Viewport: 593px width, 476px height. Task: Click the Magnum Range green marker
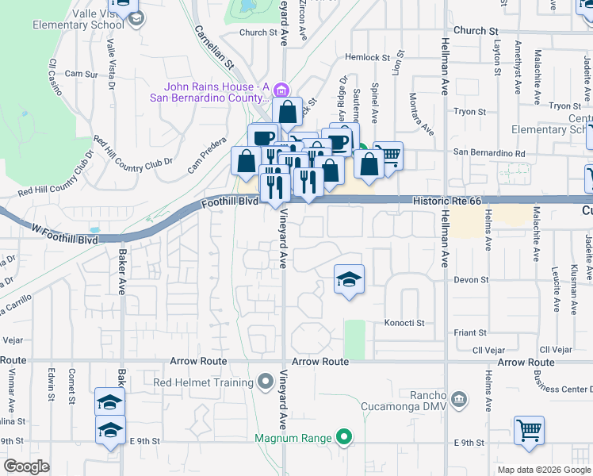pyautogui.click(x=343, y=437)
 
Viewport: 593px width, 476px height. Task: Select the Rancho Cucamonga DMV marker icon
pyautogui.click(x=458, y=397)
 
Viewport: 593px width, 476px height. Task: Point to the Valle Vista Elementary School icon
pyautogui.click(x=136, y=18)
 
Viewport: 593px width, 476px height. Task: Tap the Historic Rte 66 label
pyautogui.click(x=447, y=202)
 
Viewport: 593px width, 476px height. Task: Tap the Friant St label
pyautogui.click(x=469, y=333)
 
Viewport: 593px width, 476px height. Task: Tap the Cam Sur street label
pyautogui.click(x=81, y=74)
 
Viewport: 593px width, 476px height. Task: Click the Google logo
pyautogui.click(x=26, y=466)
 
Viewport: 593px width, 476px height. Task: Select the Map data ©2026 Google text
pyautogui.click(x=543, y=470)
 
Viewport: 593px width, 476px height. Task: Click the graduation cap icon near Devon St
pyautogui.click(x=348, y=280)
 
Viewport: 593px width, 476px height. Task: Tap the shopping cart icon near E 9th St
pyautogui.click(x=529, y=432)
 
